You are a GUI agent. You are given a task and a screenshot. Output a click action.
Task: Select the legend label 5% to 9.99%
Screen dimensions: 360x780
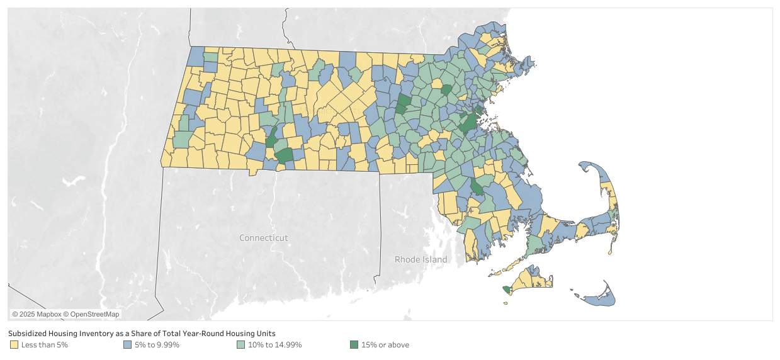click(x=157, y=345)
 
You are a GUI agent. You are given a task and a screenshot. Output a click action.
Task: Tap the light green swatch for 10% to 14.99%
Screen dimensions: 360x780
click(x=240, y=345)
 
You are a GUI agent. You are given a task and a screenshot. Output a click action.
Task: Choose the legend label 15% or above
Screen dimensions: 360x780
click(x=385, y=345)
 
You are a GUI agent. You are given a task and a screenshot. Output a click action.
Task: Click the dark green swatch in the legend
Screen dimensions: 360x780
click(x=354, y=345)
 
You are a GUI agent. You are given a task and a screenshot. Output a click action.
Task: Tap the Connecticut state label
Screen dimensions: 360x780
click(x=263, y=238)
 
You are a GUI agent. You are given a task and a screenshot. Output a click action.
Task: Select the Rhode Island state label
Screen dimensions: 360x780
click(x=421, y=259)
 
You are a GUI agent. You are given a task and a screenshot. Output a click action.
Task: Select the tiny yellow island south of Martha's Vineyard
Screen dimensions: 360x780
click(x=506, y=303)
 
